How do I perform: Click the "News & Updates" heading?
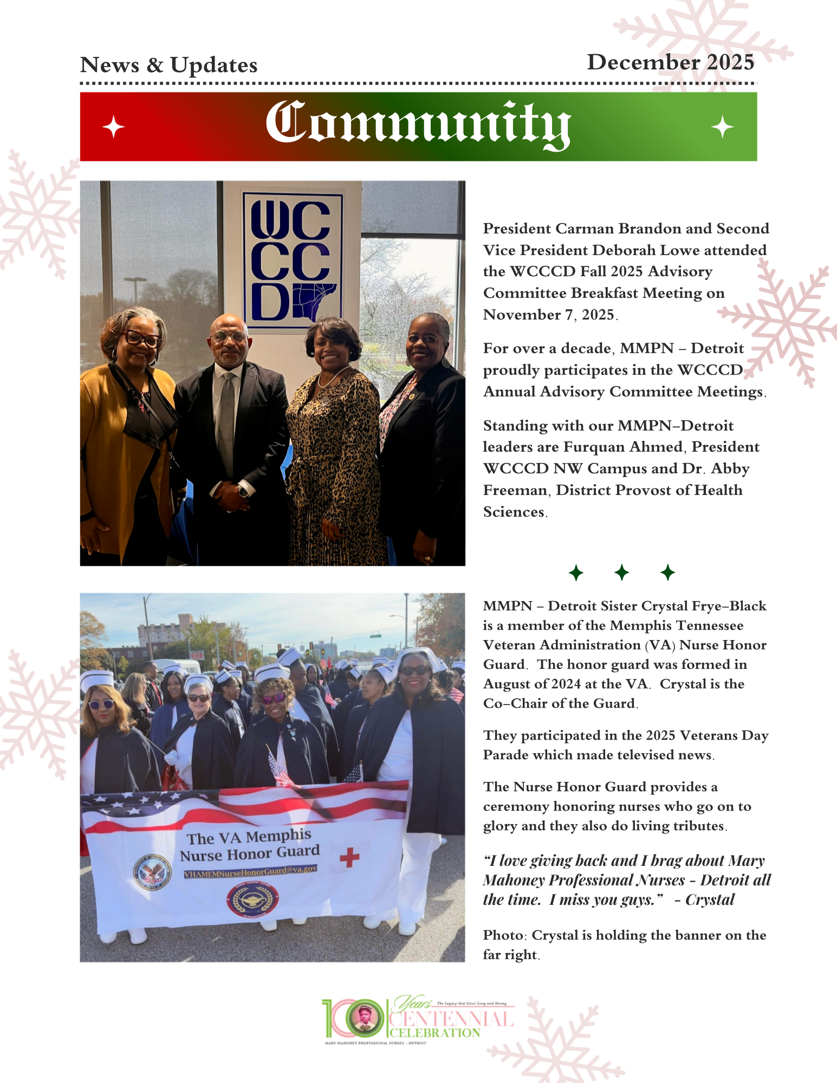pyautogui.click(x=168, y=65)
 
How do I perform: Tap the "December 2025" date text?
pyautogui.click(x=670, y=62)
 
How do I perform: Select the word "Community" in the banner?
pyautogui.click(x=418, y=124)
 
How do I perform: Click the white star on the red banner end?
pyautogui.click(x=113, y=127)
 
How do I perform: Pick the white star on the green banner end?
pyautogui.click(x=722, y=127)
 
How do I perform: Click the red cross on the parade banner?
pyautogui.click(x=349, y=857)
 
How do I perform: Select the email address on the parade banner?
pyautogui.click(x=250, y=871)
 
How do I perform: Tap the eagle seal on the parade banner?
pyautogui.click(x=152, y=871)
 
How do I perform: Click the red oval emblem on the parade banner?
pyautogui.click(x=252, y=899)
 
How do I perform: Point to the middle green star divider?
pyautogui.click(x=622, y=572)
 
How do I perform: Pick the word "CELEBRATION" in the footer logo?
pyautogui.click(x=435, y=1033)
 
